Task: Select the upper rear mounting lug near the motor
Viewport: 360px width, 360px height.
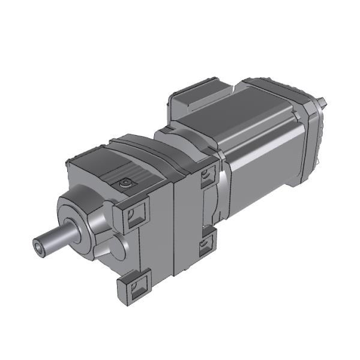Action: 207,175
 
